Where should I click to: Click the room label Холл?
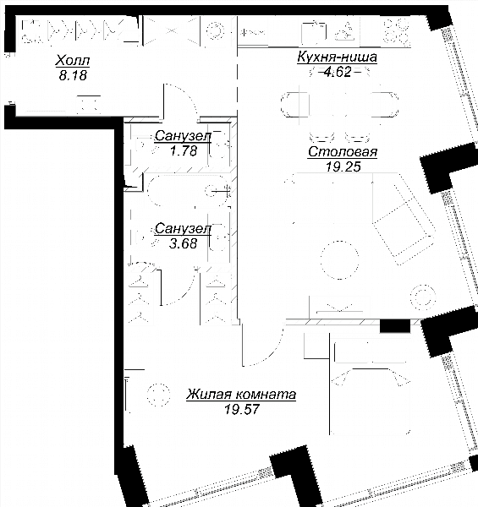[x=73, y=61]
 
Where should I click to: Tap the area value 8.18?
[x=73, y=75]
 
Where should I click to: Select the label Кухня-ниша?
[x=337, y=57]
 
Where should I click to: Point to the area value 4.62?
[x=338, y=72]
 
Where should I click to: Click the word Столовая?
[x=343, y=151]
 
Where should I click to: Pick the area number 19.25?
[x=343, y=166]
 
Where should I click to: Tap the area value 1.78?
[x=184, y=150]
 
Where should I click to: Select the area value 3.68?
[x=183, y=243]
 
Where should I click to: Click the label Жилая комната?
[x=241, y=395]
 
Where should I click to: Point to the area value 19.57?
[x=242, y=410]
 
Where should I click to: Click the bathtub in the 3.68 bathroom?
[x=189, y=190]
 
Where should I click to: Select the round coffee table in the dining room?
[x=339, y=259]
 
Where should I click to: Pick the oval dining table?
[x=339, y=105]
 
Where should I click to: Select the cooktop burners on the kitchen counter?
[x=396, y=31]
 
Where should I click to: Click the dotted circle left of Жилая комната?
[x=158, y=395]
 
